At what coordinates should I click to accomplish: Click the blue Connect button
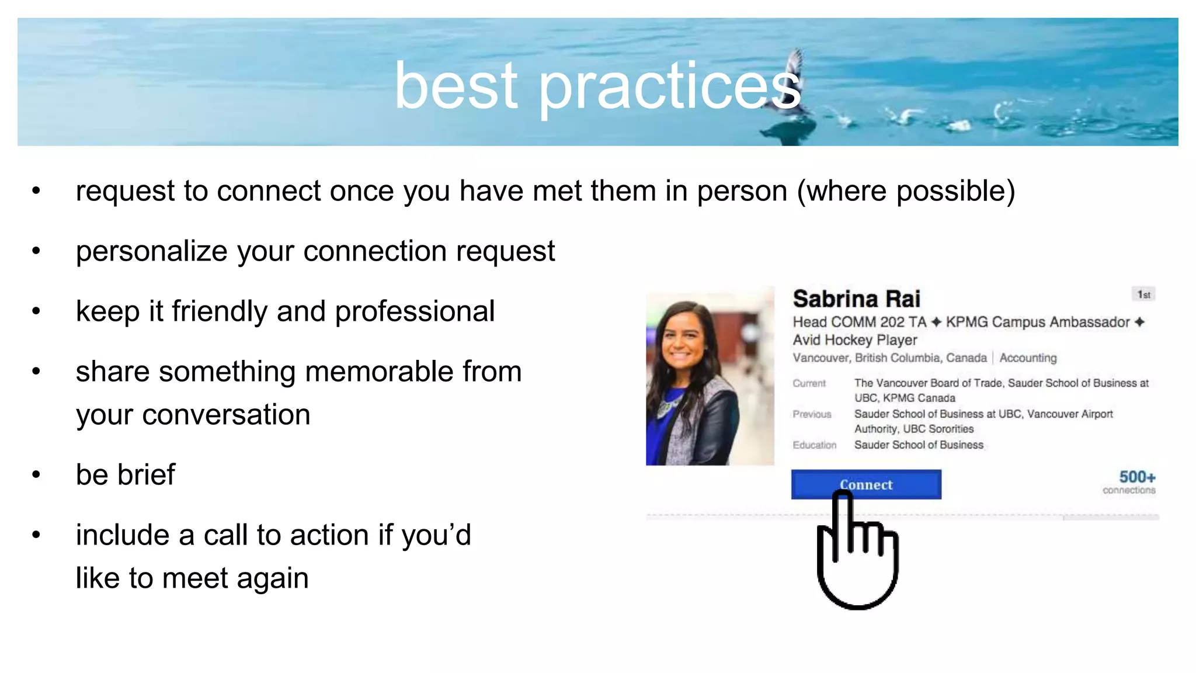[866, 484]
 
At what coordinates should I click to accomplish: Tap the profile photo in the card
[710, 377]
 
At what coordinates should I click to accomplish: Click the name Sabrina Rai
[856, 299]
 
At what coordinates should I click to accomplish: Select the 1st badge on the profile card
[1143, 294]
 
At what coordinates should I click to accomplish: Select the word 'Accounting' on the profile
[1028, 358]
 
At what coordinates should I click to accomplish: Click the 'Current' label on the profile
[809, 383]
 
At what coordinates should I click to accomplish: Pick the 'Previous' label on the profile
[812, 414]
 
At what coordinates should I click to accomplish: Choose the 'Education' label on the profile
[814, 445]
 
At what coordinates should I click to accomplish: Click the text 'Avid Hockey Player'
[854, 340]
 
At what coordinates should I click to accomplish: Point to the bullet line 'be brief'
[126, 474]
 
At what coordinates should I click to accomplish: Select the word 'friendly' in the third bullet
[220, 311]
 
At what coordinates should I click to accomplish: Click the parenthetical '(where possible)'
[906, 191]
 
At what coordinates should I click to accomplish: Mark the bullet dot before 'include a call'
[36, 535]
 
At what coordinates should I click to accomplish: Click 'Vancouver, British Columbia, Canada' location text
[889, 358]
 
